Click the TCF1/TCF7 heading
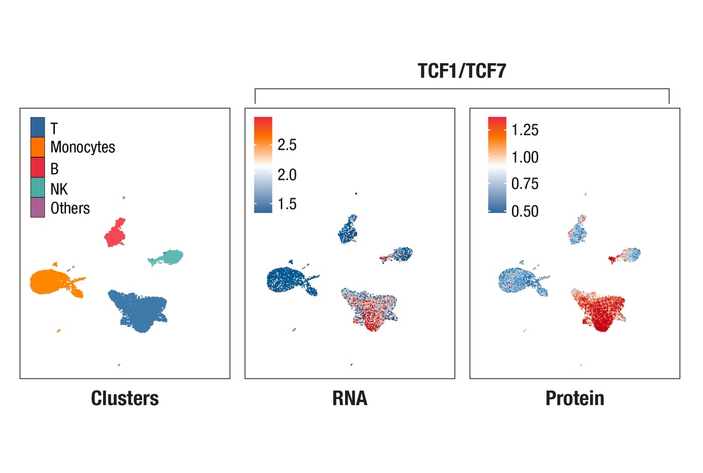(462, 71)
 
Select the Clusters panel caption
(124, 398)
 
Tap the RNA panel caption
(349, 398)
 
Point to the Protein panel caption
(574, 398)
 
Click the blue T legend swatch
(38, 127)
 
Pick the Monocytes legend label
(83, 147)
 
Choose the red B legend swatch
(38, 168)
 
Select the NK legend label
(59, 188)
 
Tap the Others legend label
(70, 208)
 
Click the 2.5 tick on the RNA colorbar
(286, 145)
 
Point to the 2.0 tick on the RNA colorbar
(286, 175)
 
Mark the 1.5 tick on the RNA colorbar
(286, 204)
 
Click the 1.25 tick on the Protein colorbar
(524, 130)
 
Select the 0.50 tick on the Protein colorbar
(524, 211)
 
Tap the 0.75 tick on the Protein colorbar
(524, 184)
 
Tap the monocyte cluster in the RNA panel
(286, 281)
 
